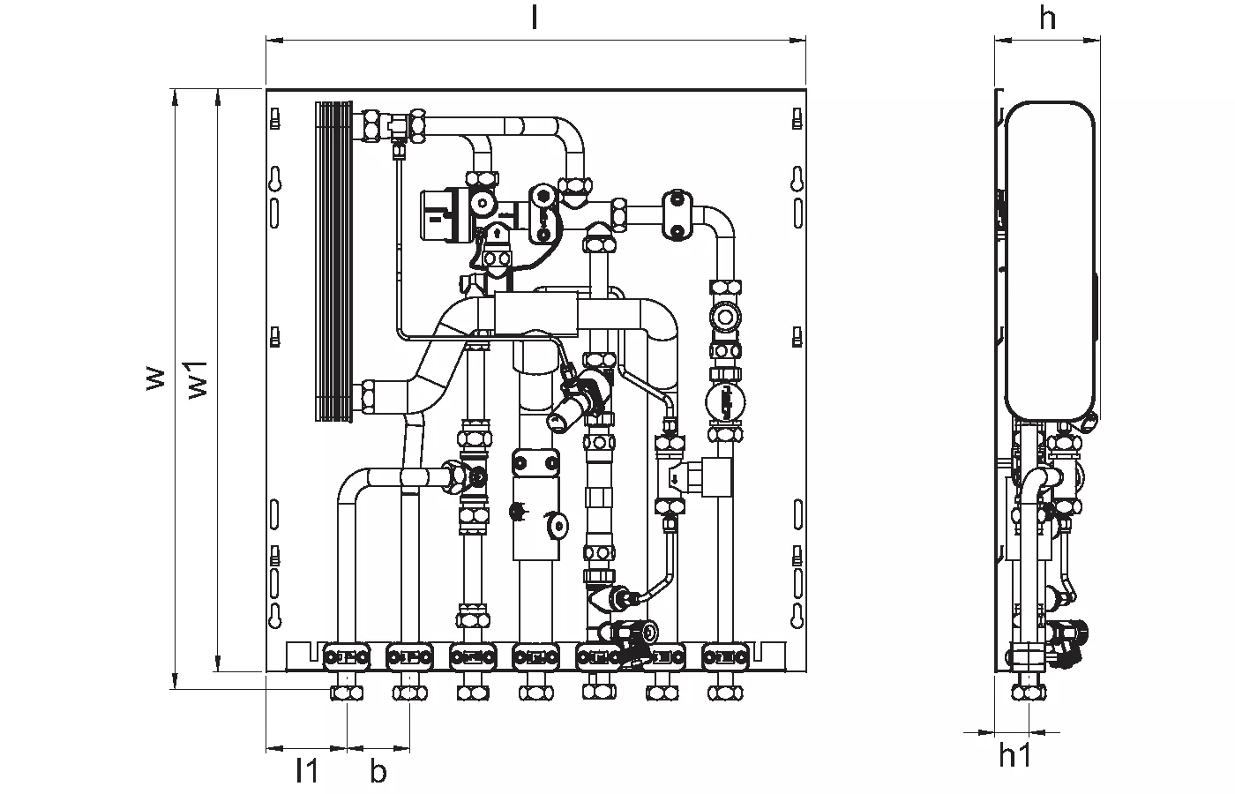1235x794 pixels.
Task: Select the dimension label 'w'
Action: [155, 378]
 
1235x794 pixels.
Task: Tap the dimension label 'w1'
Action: [199, 378]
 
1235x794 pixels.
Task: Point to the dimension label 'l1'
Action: [306, 771]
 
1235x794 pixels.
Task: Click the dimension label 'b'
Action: [378, 771]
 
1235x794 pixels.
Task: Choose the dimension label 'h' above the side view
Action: [1047, 18]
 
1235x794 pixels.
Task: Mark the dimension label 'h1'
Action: [1014, 755]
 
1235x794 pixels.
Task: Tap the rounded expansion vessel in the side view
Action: [1050, 260]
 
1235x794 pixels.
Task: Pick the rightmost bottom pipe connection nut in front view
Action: [724, 692]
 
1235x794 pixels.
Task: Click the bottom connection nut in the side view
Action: [1028, 691]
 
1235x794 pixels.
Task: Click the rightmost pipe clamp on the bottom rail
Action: [725, 656]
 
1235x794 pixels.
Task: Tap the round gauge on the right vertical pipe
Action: [724, 401]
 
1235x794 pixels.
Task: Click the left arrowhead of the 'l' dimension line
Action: [270, 39]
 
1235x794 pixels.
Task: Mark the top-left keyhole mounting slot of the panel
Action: [275, 179]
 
